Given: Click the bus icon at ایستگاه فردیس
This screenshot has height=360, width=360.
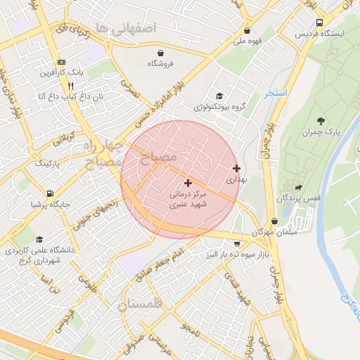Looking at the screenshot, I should coord(321,22).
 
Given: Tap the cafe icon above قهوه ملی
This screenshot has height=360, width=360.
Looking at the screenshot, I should coord(247,30).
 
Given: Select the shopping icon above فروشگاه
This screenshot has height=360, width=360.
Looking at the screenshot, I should coord(161,53).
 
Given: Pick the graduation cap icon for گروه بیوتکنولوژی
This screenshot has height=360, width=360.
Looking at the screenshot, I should coord(219,96).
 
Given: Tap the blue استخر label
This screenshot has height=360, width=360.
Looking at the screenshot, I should coord(277,92).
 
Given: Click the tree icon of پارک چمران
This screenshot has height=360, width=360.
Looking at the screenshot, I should coord(321,121).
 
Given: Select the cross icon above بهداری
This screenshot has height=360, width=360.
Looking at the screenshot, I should coord(236,168).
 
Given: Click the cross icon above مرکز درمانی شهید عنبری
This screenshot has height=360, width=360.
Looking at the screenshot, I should coord(188,183).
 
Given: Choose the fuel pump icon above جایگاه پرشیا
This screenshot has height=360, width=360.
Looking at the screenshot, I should coord(50,193).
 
